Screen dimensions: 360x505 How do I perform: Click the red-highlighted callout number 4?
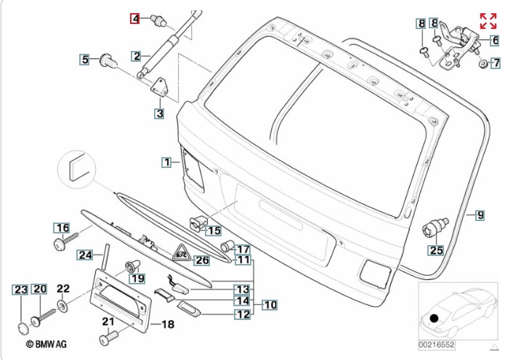tap(135, 19)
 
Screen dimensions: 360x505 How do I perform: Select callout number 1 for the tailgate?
tap(166, 162)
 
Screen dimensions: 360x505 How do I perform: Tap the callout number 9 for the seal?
tap(480, 215)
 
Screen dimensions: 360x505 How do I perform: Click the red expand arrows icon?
tap(488, 20)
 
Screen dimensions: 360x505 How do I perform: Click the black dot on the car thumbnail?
tap(434, 317)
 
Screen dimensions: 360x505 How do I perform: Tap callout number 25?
tap(435, 251)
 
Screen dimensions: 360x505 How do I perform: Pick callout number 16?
tap(62, 228)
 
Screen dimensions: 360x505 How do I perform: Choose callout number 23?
tap(22, 289)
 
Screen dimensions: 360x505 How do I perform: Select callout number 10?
tap(270, 305)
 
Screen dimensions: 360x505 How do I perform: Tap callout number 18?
tap(167, 324)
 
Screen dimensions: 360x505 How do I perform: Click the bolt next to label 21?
tap(110, 338)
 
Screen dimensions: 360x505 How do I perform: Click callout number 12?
tap(242, 315)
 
